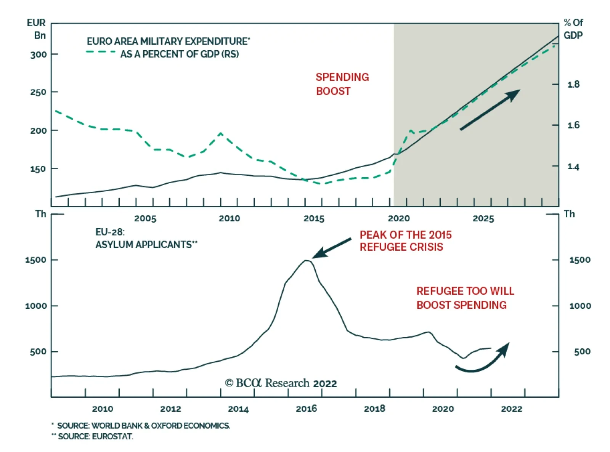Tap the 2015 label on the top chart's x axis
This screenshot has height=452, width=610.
click(314, 218)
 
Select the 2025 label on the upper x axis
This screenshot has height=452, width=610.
click(483, 218)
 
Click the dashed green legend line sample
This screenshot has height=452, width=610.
click(101, 52)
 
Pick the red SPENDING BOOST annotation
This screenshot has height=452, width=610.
click(342, 84)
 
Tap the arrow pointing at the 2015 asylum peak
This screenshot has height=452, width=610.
click(331, 248)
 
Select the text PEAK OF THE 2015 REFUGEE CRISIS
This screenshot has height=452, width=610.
click(405, 241)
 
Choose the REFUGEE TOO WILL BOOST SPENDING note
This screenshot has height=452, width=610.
click(465, 298)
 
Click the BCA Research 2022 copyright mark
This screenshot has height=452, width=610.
click(281, 383)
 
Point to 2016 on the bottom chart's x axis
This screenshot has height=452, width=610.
click(306, 409)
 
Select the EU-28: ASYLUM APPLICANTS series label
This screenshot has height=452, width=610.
click(146, 238)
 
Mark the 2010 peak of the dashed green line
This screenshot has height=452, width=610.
click(221, 133)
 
